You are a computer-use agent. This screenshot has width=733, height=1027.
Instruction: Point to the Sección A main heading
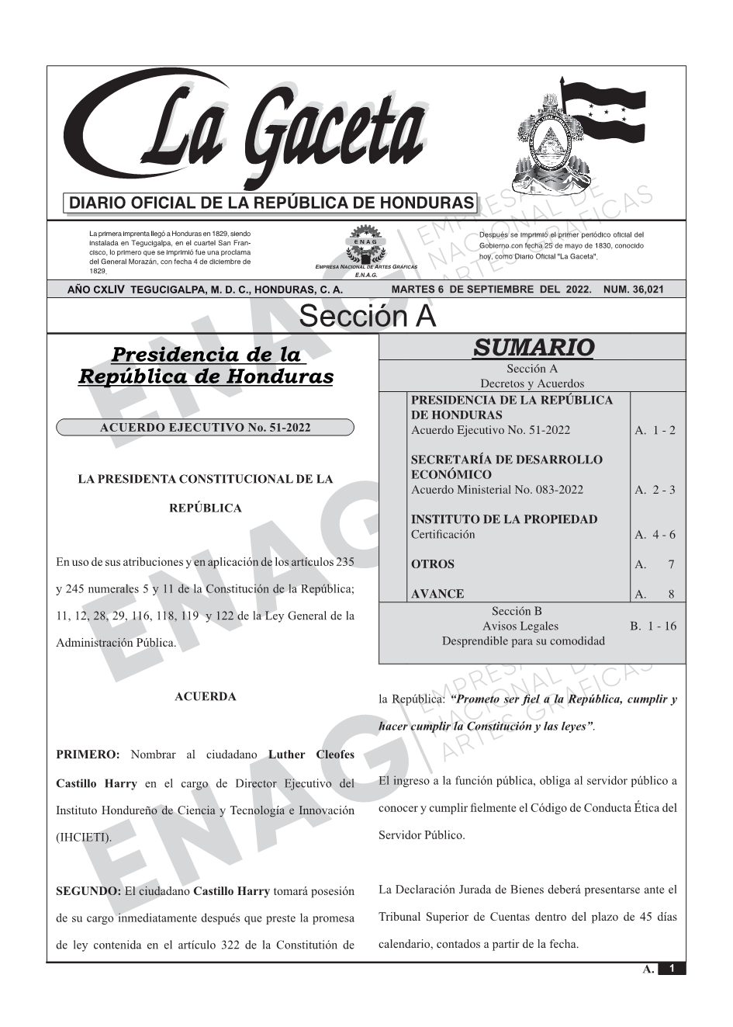367,317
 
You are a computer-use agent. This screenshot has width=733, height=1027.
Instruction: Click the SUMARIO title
533,347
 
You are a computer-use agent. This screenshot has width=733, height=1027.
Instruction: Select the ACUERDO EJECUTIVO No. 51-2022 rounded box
205,428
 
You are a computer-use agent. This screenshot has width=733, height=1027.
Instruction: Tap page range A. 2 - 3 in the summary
655,490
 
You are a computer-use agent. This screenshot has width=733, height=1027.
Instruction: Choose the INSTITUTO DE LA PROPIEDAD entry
504,519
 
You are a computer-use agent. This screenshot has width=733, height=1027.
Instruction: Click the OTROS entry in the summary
433,564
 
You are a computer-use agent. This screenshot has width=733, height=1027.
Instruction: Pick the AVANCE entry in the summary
437,594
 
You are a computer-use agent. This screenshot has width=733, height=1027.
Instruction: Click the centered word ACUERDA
206,696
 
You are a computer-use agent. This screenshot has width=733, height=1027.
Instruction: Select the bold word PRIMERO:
88,755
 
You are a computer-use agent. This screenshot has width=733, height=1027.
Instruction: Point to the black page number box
672,969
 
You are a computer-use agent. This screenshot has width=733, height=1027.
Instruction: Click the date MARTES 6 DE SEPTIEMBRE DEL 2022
492,290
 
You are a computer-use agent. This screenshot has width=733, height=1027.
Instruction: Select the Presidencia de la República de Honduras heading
206,366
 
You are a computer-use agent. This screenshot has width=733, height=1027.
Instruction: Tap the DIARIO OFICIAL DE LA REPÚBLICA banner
271,203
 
